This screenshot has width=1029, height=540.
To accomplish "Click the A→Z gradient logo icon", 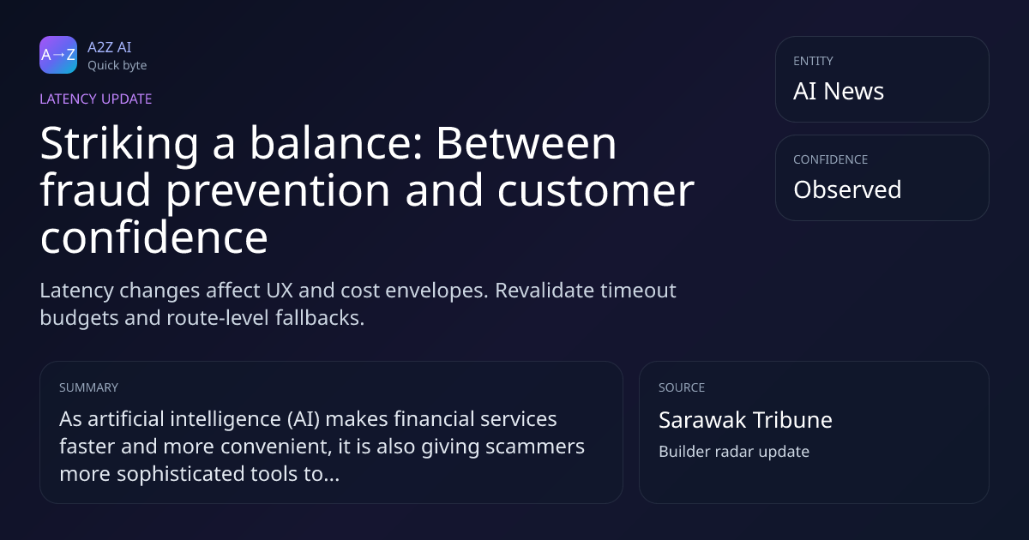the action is coord(58,55).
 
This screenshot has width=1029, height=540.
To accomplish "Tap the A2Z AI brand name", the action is coord(110,47).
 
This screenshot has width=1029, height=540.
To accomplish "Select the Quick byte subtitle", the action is coord(117,66).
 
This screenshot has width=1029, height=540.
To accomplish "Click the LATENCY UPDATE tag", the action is coord(95,99).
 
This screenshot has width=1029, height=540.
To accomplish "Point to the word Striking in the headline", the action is coord(119,144).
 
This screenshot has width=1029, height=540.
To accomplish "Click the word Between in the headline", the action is coord(526,144).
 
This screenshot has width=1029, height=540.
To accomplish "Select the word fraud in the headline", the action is coord(95,189).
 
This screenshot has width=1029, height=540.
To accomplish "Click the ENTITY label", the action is coord(813,61).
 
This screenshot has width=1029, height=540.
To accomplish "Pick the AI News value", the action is coord(839,91).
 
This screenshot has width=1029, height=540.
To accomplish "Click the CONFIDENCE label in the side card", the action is coord(831,159).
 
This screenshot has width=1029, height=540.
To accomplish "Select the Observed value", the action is coord(847,189).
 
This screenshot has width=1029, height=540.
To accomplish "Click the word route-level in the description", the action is coord(218,318).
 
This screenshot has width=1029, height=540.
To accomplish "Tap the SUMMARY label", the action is coord(88,387).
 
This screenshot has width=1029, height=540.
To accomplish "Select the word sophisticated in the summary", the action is coord(181,474).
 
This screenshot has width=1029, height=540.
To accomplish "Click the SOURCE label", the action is coord(682,387).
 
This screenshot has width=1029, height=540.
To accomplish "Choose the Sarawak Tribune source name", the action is coord(745,420).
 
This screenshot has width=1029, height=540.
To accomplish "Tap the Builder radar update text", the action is coord(734,452).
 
